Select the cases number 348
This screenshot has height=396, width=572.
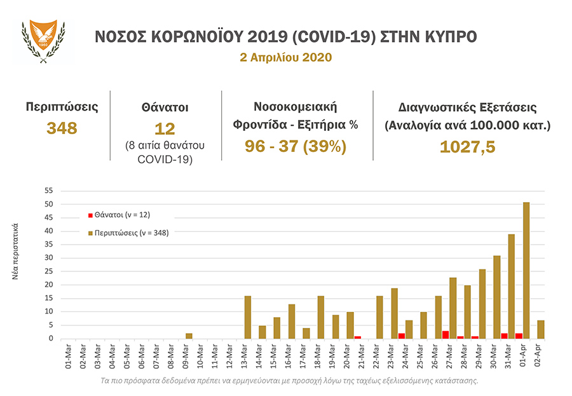click(x=62, y=128)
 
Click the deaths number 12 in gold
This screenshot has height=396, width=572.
click(x=165, y=129)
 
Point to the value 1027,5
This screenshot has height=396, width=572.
click(x=467, y=147)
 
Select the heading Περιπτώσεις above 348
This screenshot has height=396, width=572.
click(x=62, y=107)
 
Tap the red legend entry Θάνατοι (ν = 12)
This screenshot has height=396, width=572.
click(x=119, y=214)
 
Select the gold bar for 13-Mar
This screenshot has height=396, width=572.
click(x=248, y=317)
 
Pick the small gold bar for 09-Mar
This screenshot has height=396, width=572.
click(x=189, y=336)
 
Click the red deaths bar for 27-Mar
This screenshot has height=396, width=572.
click(x=446, y=334)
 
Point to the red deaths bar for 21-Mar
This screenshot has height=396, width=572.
click(x=358, y=337)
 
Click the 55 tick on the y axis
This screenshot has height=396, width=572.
click(x=49, y=191)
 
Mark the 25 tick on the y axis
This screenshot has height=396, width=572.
click(x=49, y=271)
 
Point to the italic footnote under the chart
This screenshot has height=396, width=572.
click(x=289, y=381)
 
